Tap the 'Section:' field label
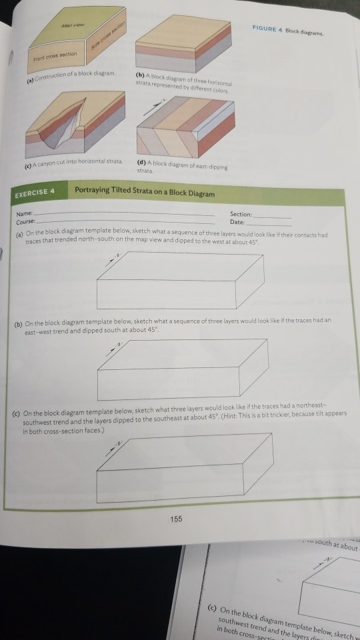241,213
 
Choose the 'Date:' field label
237,221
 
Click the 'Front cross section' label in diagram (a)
57,54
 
